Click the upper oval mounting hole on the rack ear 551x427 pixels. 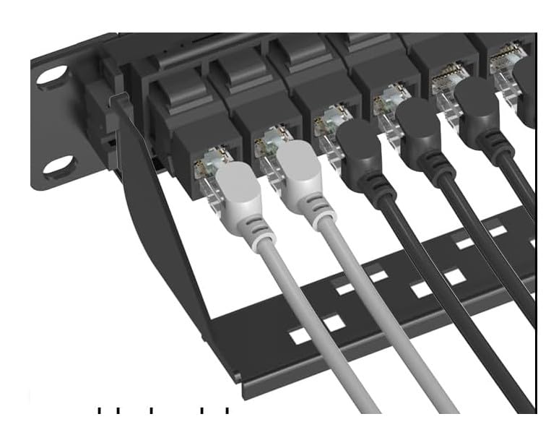(x=52, y=77)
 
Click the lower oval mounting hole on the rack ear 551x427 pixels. (x=58, y=168)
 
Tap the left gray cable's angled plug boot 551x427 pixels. (x=238, y=186)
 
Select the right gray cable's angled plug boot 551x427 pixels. (x=300, y=178)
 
